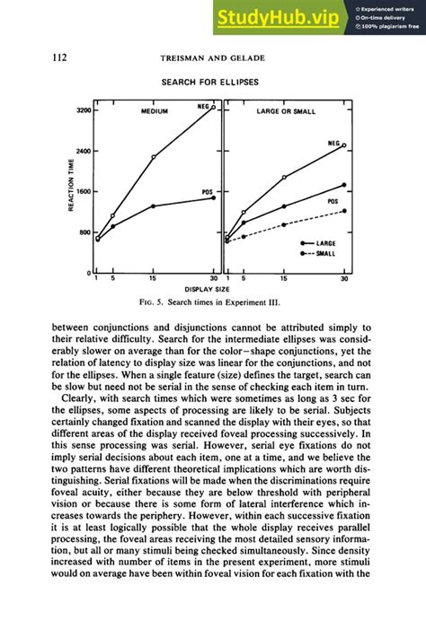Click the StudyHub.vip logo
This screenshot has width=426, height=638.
pos(276,17)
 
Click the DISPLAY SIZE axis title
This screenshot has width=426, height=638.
pos(212,290)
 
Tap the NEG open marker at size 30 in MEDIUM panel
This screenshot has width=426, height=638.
pos(213,107)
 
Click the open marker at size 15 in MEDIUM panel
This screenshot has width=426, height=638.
pos(154,157)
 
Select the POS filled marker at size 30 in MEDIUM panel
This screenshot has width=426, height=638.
pos(213,197)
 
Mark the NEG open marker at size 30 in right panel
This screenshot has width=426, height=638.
pos(344,145)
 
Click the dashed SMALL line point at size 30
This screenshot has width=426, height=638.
pos(344,211)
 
